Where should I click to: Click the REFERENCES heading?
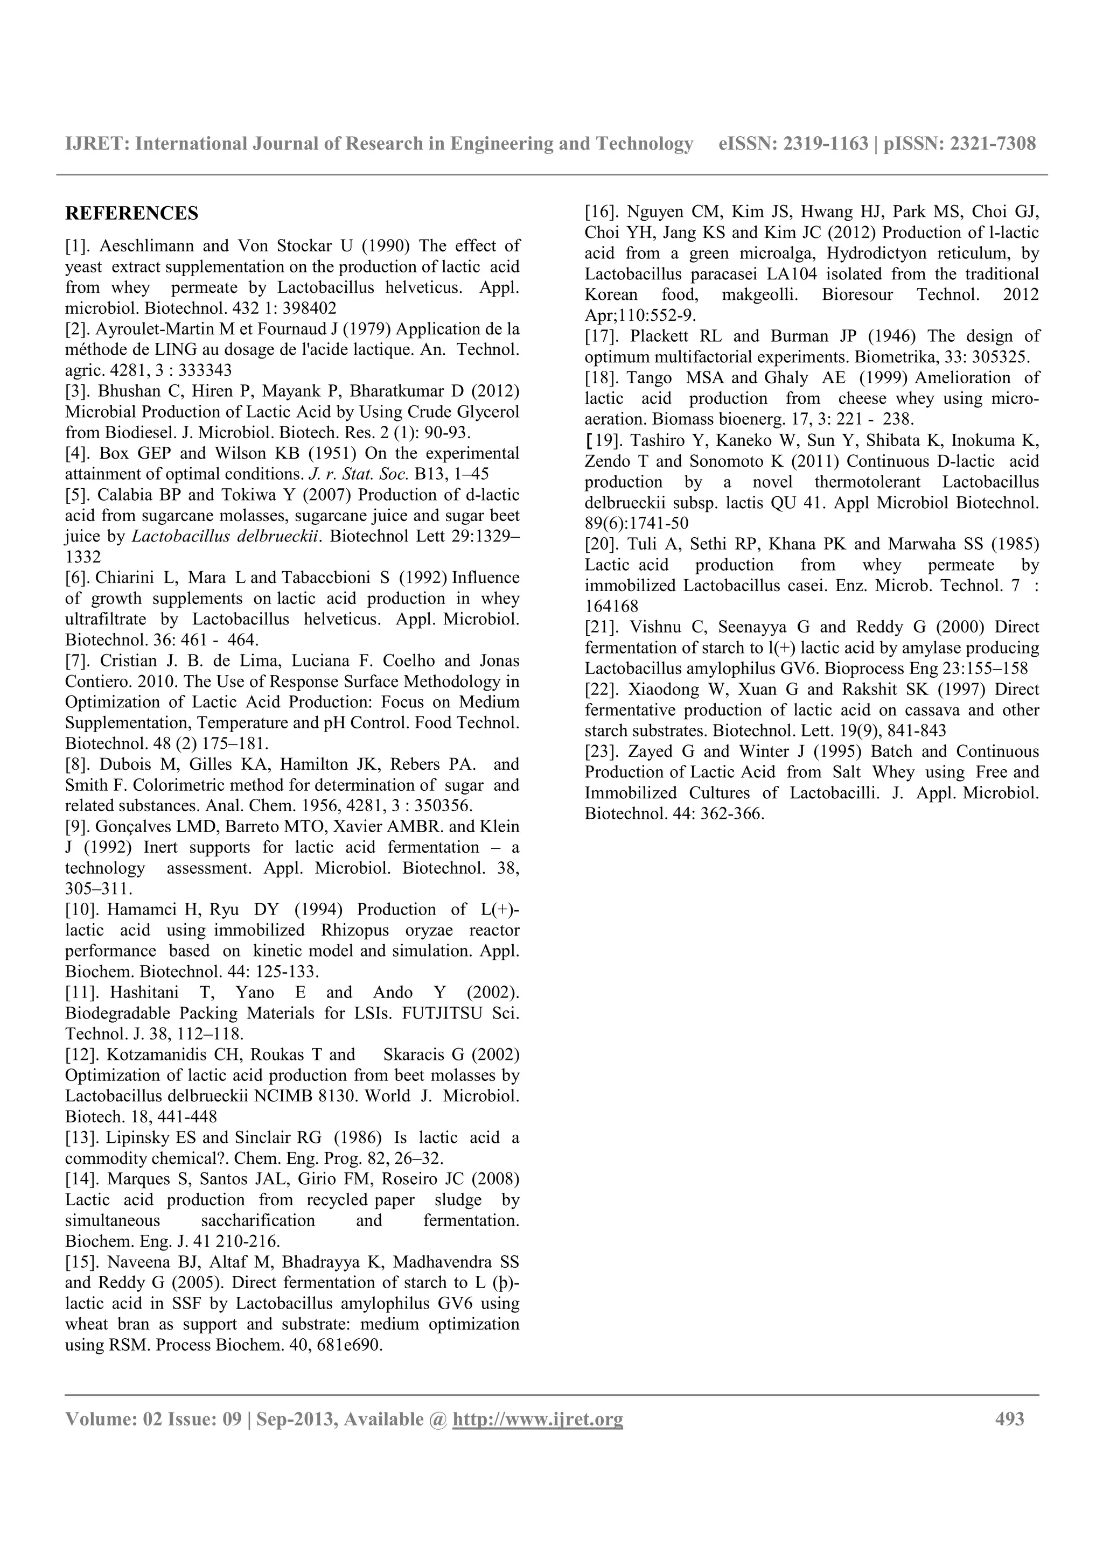pos(132,213)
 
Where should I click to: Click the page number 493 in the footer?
pos(1009,1418)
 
